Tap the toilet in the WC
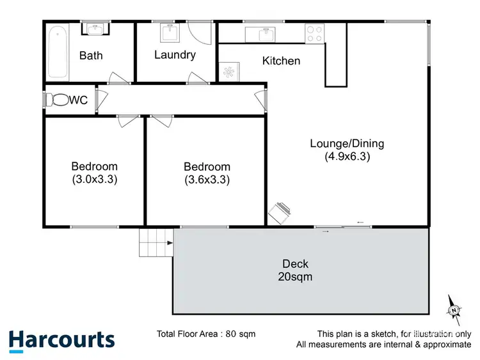60,100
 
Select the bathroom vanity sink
95,29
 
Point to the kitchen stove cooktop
314,33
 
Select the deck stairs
155,243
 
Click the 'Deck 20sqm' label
295,270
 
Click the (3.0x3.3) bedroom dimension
94,180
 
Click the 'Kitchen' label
281,61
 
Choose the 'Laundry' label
175,55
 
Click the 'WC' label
79,100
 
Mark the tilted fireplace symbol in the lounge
280,212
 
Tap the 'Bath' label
90,56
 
